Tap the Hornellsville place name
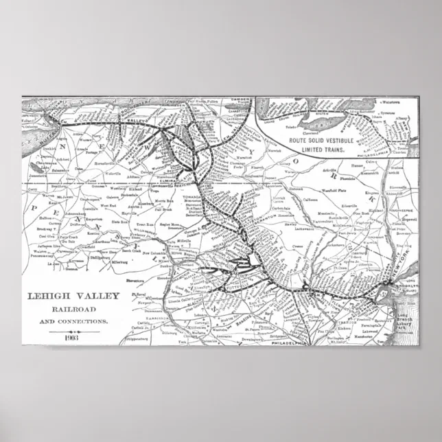[113, 165]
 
